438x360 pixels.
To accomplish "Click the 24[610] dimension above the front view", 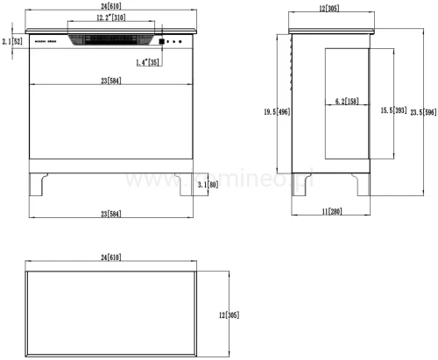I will point(109,7).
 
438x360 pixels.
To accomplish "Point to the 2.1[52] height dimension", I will point(11,41).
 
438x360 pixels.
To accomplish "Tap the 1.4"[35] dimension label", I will point(148,63).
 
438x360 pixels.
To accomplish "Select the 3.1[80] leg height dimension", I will point(207,186).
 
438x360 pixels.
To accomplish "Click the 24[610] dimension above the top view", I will point(111,258).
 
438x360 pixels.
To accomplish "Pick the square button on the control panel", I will point(163,41).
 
